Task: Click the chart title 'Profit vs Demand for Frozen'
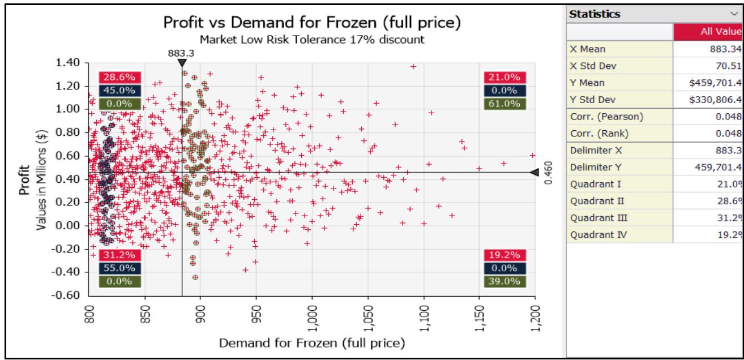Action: point(310,23)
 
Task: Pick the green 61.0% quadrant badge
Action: point(501,103)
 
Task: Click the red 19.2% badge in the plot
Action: point(501,255)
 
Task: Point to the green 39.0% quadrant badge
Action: point(501,281)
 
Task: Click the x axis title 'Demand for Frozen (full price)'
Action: point(310,343)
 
